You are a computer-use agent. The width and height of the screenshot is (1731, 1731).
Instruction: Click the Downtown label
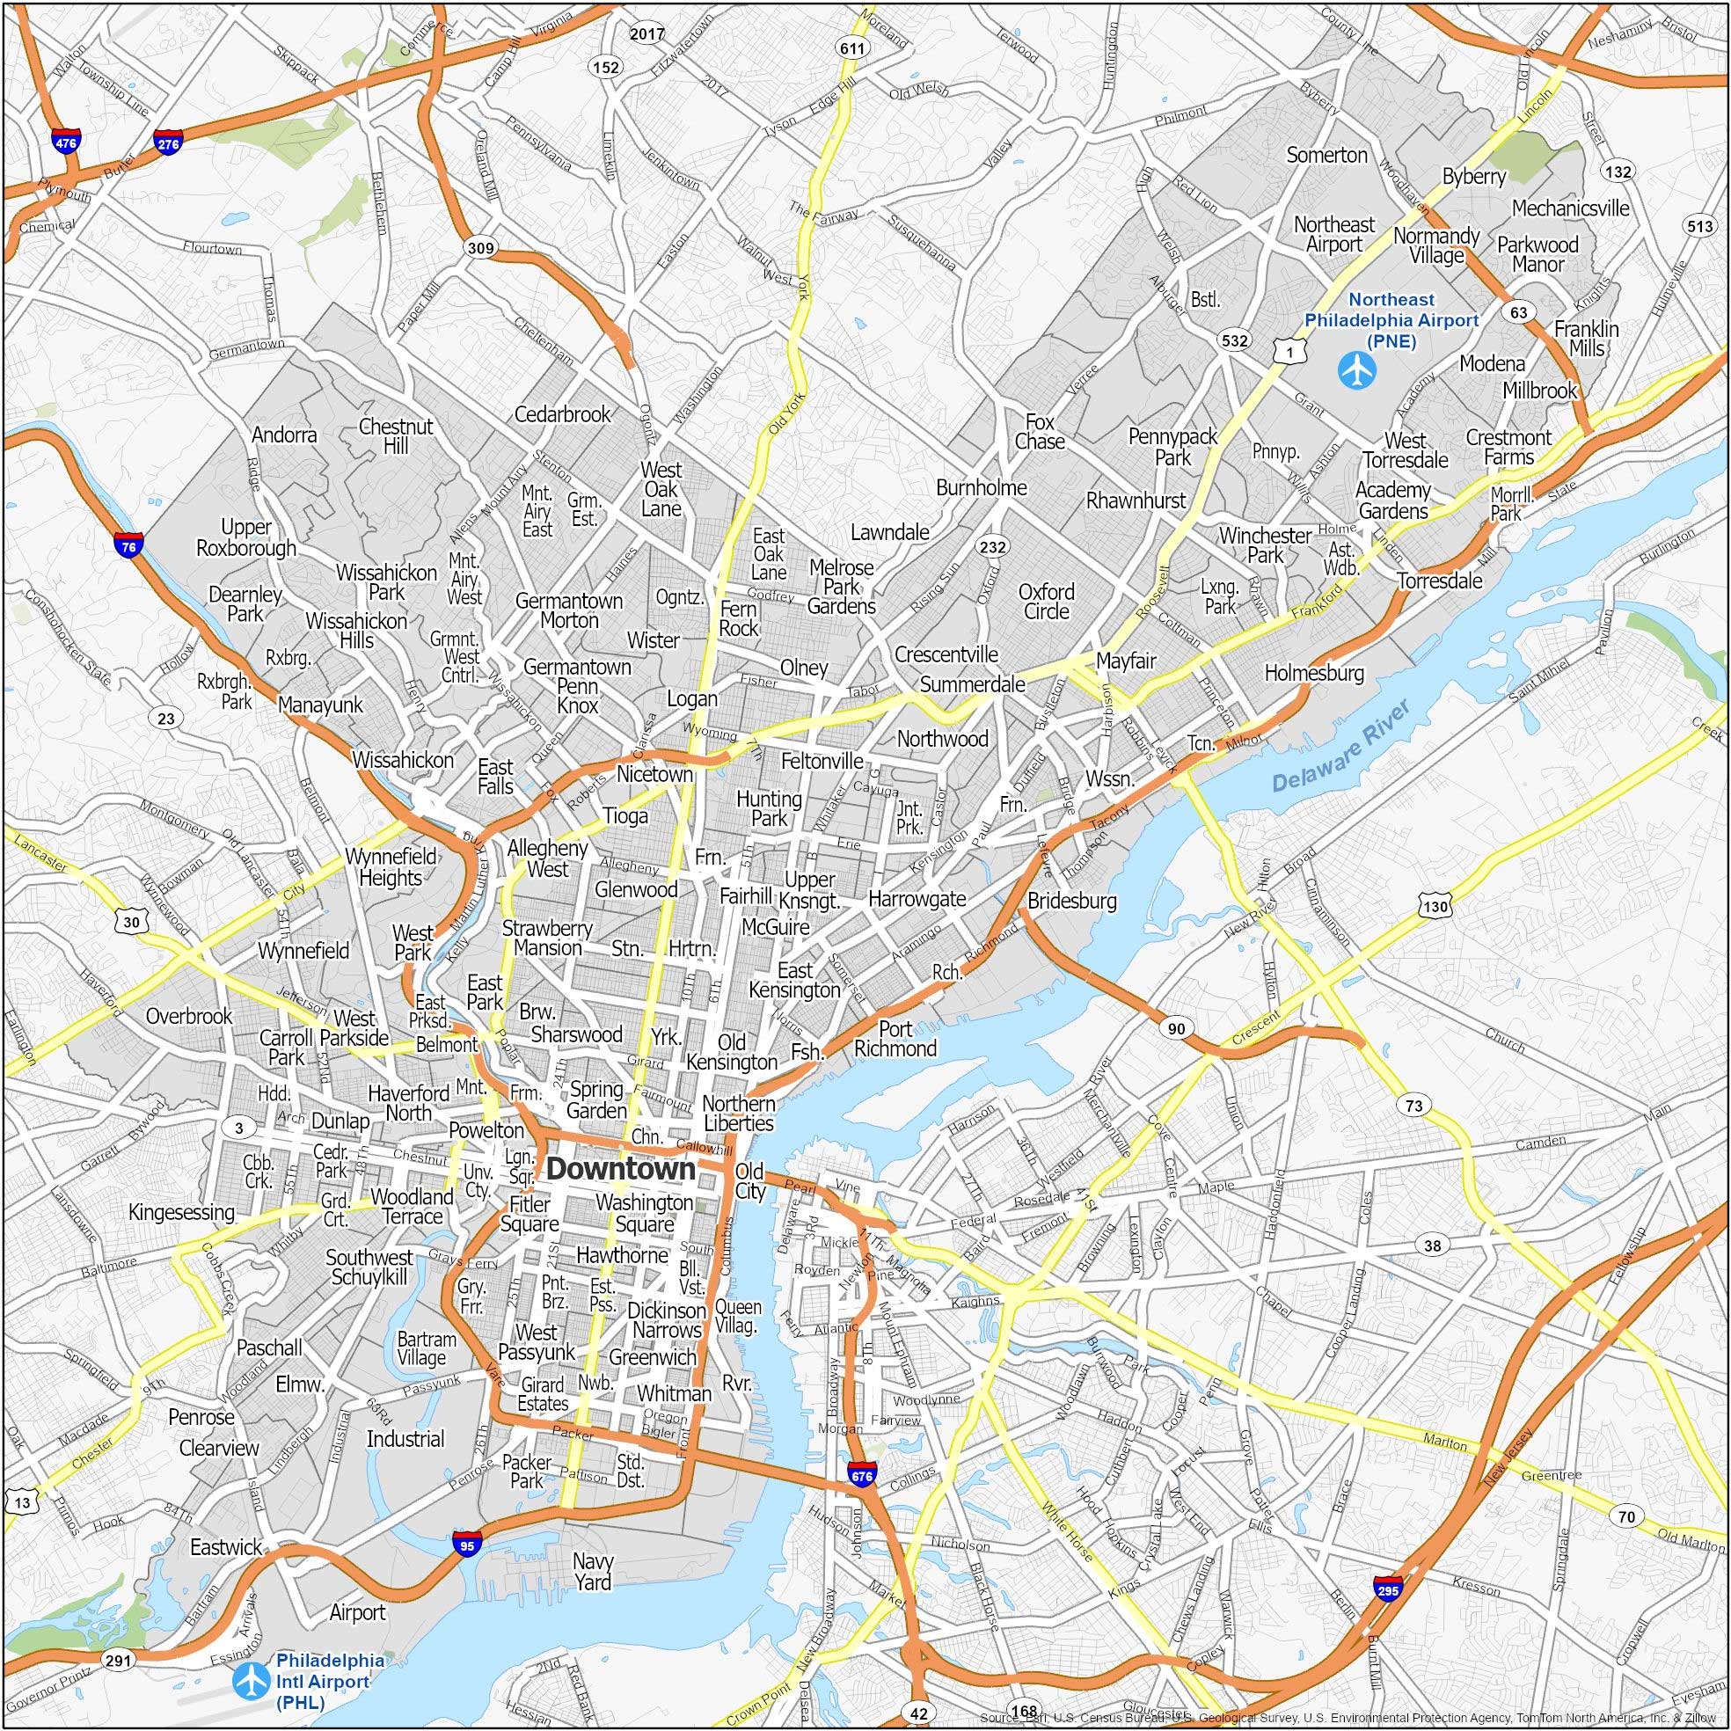click(x=620, y=1169)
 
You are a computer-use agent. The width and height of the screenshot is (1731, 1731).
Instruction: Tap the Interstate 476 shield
click(x=65, y=142)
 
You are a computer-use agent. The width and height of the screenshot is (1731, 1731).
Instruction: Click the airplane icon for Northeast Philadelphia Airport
click(x=1355, y=370)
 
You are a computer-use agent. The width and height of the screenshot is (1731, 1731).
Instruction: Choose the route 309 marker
click(x=480, y=248)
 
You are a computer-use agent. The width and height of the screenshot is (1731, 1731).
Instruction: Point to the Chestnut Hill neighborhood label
click(x=396, y=435)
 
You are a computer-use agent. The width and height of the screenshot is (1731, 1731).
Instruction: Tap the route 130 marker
click(x=1435, y=907)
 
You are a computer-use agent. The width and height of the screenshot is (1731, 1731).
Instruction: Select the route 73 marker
click(x=1413, y=1106)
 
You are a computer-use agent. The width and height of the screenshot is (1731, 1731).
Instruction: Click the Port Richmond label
click(x=895, y=1039)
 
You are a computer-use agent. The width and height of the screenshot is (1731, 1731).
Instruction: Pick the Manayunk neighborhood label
click(x=321, y=705)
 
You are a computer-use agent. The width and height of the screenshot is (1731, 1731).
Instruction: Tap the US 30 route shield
click(x=132, y=922)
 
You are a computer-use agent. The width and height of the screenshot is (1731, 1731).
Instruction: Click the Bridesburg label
click(x=1071, y=901)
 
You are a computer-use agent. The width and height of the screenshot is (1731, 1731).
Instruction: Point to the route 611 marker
click(x=851, y=48)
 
